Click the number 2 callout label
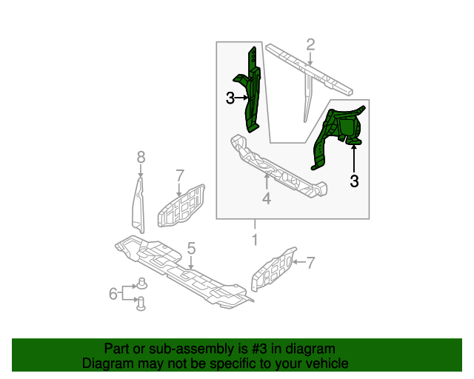coord(310,44)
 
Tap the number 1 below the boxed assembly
coord(255,240)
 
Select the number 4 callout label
coord(267,198)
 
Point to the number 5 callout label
coord(191,249)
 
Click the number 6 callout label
coord(113,294)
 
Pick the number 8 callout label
coord(141,156)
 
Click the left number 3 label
coord(230,98)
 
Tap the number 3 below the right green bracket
coord(354,180)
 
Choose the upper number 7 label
coord(179,175)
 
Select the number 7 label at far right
coord(311,261)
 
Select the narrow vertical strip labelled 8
coord(138,204)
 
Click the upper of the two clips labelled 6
coord(141,284)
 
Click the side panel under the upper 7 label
coord(181,208)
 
